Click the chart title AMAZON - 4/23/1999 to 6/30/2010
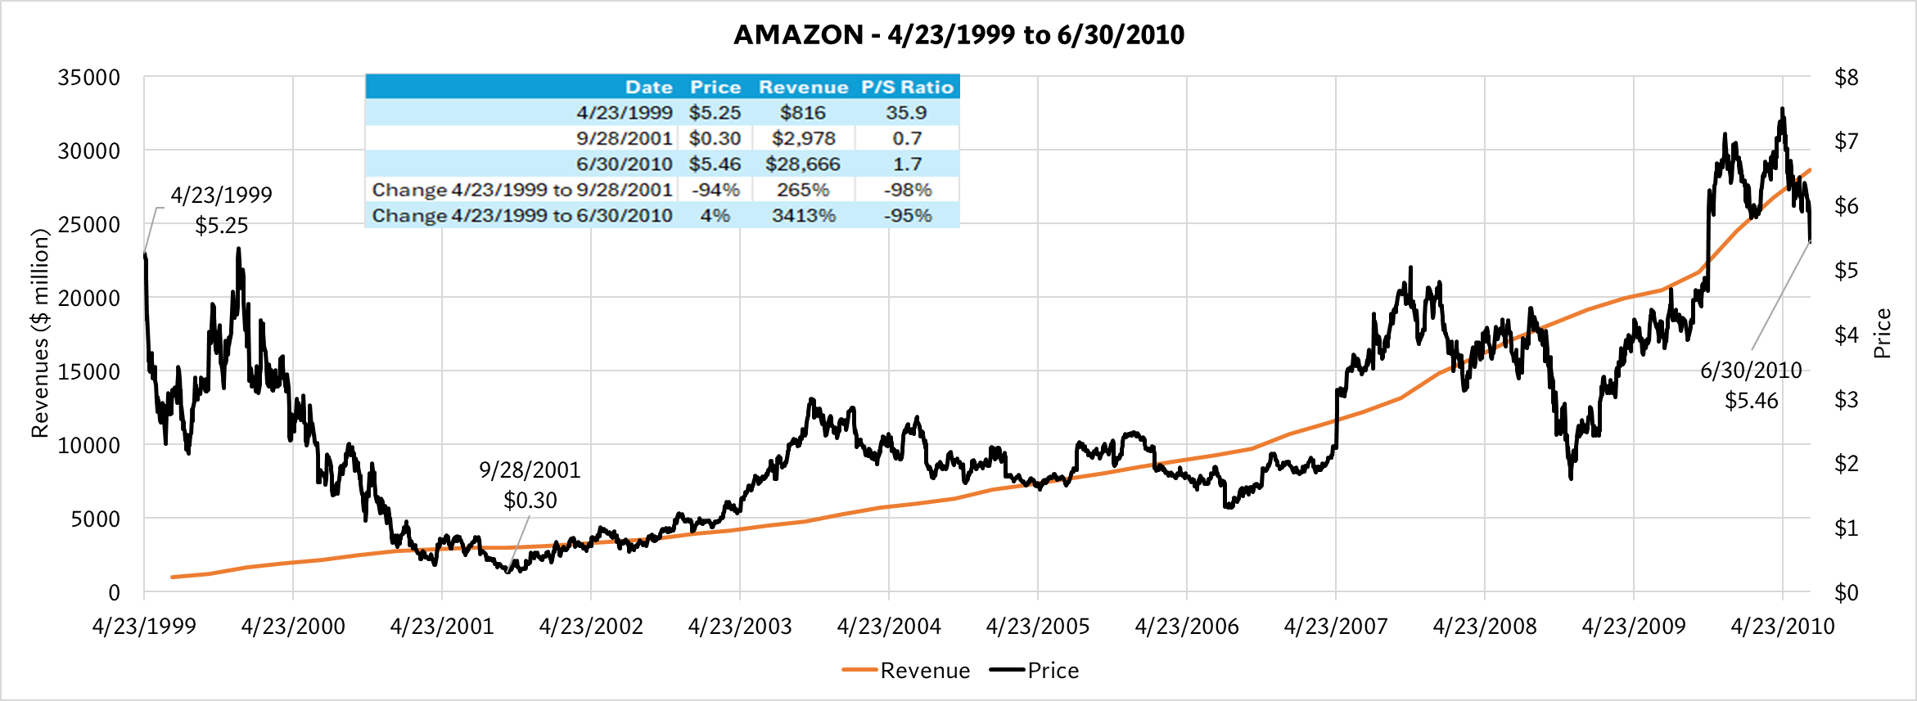(958, 34)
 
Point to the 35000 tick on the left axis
(88, 78)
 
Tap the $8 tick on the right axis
(1846, 78)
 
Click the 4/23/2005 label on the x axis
(1037, 627)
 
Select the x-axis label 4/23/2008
(1484, 627)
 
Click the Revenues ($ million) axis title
(40, 333)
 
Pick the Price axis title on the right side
(1882, 333)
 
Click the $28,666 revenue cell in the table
(802, 164)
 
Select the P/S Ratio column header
(907, 88)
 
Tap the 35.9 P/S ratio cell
(906, 113)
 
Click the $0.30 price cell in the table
(714, 139)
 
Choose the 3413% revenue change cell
(803, 216)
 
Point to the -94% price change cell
(715, 190)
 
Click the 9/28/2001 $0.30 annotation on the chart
(530, 485)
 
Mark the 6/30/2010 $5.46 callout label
(1751, 385)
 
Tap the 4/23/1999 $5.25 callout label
(221, 210)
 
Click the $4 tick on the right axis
(1846, 335)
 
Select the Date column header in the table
(648, 88)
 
